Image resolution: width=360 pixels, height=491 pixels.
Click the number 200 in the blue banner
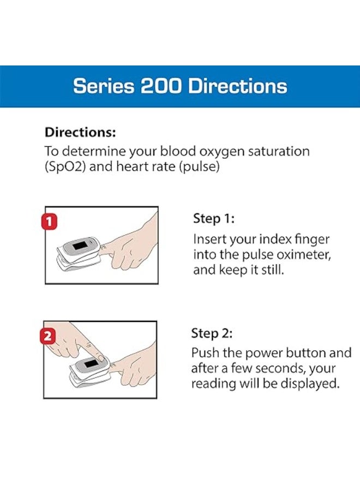pos(160,86)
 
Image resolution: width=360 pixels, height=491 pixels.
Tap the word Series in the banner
pos(104,86)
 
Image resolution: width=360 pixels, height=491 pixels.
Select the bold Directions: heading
pos(80,132)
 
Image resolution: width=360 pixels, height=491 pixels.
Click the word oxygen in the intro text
pos(221,152)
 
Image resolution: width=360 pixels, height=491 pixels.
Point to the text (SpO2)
pos(65,166)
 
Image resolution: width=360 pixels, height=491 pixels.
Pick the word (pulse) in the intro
pos(199,166)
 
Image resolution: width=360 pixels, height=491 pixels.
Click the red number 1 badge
pos(50,221)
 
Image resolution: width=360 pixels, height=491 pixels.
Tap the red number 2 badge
pos(47,336)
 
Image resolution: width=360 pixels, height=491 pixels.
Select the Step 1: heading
pos(214,219)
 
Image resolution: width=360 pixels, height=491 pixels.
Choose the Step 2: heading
pos(212,333)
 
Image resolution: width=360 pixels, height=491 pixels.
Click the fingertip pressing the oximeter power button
pos(100,357)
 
